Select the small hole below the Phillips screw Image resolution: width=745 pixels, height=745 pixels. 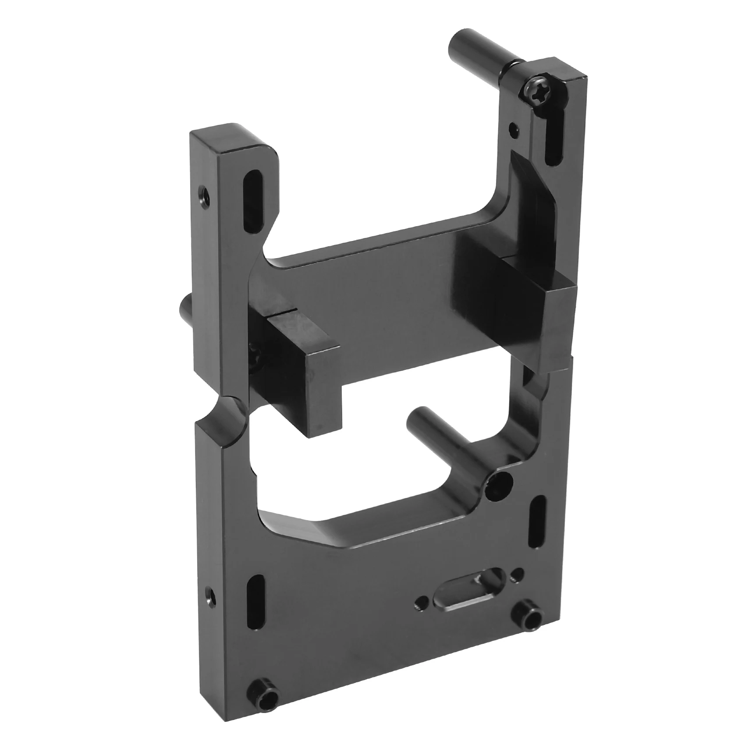click(513, 128)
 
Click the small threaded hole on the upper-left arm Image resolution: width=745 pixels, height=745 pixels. click(204, 192)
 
